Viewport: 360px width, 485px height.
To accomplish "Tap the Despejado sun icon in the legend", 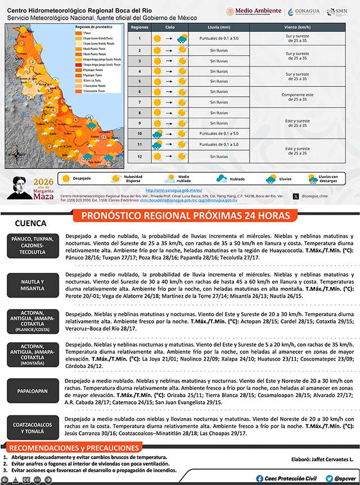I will [x=64, y=178].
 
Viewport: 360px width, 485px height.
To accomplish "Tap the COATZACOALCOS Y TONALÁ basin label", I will [x=33, y=427].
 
